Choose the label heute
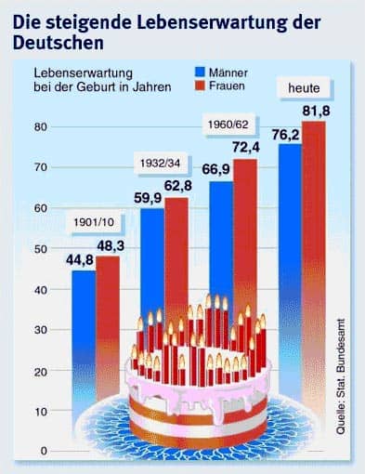click(304, 88)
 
